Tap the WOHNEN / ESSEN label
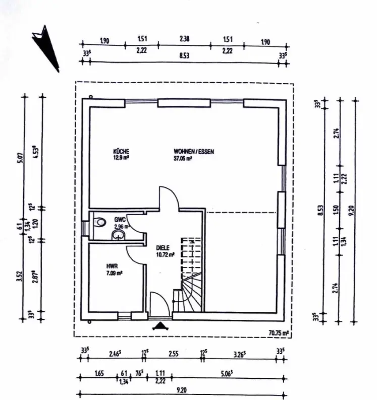190,151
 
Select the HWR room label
112,267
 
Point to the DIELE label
163,247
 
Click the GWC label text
120,220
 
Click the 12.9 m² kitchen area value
122,157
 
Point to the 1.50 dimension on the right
336,209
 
